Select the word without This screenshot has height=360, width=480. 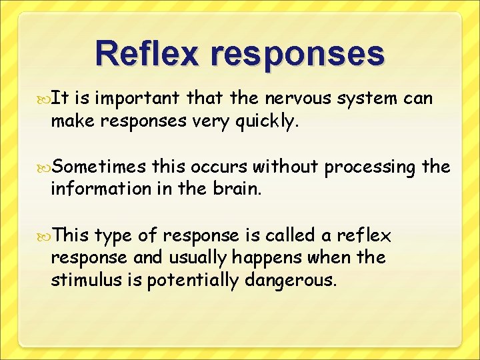click(x=283, y=167)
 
